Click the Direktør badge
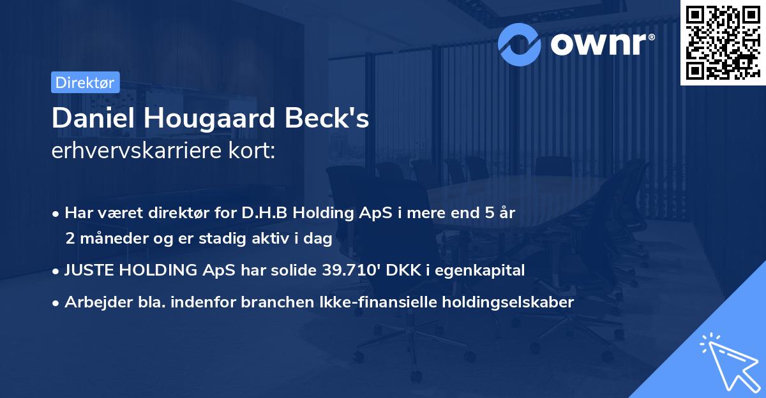coord(84,83)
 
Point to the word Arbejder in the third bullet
coord(91,302)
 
